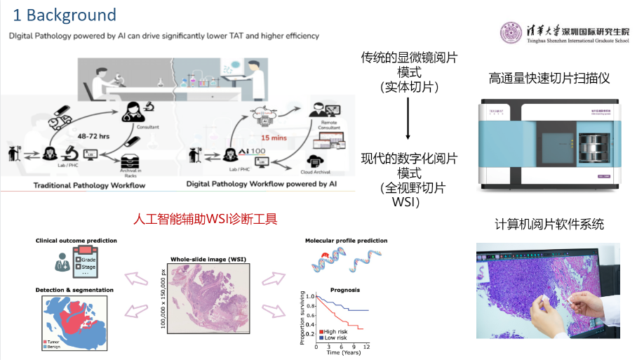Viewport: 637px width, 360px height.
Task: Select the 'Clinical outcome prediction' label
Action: pyautogui.click(x=76, y=241)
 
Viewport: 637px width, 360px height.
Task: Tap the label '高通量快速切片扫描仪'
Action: pyautogui.click(x=549, y=78)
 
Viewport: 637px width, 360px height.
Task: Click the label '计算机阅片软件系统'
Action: pyautogui.click(x=549, y=225)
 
